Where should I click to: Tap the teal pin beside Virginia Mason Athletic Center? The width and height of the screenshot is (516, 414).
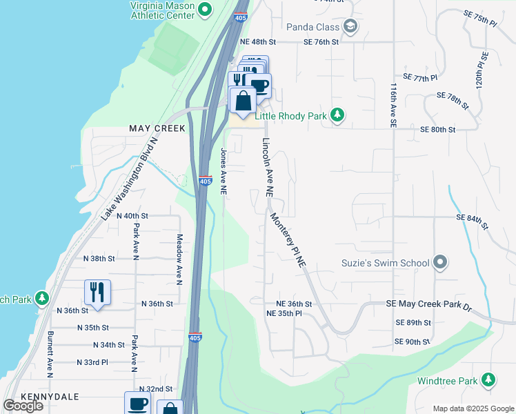(x=205, y=10)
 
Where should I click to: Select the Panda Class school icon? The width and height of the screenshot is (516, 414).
(x=350, y=27)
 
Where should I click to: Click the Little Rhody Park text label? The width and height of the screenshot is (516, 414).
(x=290, y=116)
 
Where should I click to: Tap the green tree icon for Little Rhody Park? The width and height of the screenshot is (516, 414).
(x=337, y=115)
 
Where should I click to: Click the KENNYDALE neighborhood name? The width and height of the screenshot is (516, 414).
(x=50, y=397)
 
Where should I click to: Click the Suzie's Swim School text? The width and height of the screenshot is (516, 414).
(x=385, y=263)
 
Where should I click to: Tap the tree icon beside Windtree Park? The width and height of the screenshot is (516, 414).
(x=488, y=380)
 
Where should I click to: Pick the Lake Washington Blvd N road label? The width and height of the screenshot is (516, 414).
(x=130, y=178)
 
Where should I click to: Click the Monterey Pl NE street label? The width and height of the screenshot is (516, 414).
(x=288, y=239)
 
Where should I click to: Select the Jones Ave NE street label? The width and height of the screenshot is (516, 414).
(x=224, y=172)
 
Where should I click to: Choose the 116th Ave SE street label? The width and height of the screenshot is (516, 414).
(x=393, y=105)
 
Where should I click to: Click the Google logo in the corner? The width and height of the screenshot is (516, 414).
(x=23, y=406)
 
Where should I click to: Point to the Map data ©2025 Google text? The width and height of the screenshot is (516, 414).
(x=473, y=408)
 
